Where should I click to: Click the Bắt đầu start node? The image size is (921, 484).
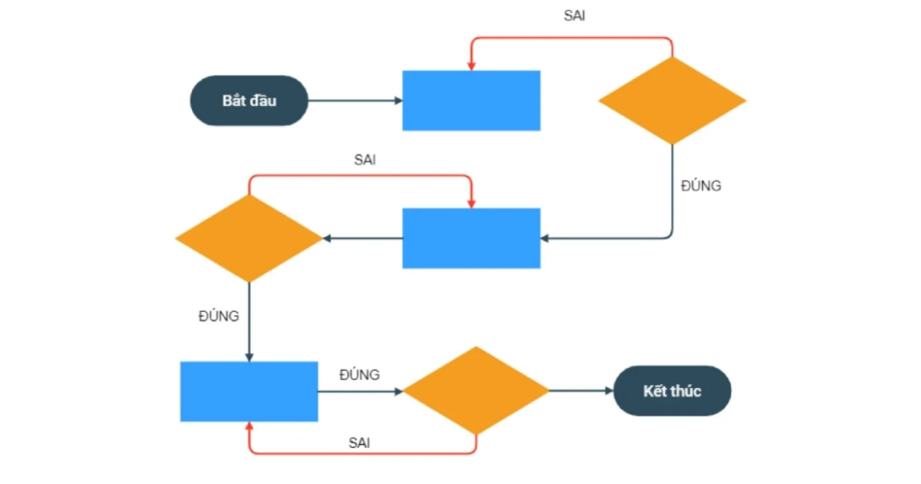click(x=249, y=101)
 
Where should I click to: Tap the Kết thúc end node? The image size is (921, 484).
click(x=672, y=391)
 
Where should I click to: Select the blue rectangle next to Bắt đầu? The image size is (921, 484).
click(x=471, y=101)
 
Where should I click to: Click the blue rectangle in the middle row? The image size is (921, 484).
click(x=471, y=238)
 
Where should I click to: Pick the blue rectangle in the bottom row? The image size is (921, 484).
click(x=249, y=391)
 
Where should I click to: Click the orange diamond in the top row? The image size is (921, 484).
click(x=672, y=101)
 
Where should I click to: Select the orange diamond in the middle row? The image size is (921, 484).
click(x=249, y=238)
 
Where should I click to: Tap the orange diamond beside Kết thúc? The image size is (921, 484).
click(x=477, y=391)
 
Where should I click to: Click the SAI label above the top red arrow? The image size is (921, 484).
click(x=574, y=16)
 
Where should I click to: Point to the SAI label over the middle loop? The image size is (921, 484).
click(x=365, y=160)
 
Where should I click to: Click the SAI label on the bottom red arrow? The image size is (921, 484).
click(x=360, y=443)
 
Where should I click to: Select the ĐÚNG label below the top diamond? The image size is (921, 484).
click(x=701, y=185)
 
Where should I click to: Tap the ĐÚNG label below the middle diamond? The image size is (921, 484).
click(x=219, y=316)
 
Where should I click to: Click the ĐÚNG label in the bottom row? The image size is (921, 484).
click(x=359, y=375)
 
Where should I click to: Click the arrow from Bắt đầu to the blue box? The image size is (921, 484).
click(x=355, y=101)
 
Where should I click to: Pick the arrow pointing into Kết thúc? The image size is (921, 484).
click(x=582, y=391)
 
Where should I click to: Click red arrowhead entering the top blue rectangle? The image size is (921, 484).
click(x=471, y=65)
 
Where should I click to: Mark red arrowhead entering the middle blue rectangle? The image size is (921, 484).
click(x=471, y=203)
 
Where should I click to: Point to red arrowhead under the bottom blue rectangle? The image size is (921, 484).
click(x=249, y=427)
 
